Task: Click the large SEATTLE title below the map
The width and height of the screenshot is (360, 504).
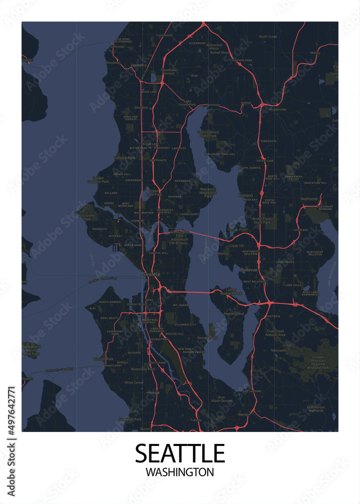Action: pos(179,453)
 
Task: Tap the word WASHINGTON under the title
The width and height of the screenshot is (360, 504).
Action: pos(179,473)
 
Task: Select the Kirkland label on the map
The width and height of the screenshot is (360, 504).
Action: pos(246,195)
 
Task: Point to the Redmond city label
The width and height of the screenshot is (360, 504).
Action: pos(309,199)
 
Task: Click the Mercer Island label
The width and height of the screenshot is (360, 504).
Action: pos(233,313)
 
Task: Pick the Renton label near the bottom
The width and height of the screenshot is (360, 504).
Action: pos(244,414)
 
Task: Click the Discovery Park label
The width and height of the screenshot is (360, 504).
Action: pos(87,217)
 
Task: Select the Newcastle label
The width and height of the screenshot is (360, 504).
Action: pos(278,350)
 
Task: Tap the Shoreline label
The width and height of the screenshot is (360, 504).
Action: pos(141,107)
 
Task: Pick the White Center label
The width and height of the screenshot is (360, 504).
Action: pos(134,383)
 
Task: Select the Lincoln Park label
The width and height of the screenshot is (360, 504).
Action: pos(102,359)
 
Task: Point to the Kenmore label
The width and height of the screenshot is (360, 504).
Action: pos(213,105)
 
